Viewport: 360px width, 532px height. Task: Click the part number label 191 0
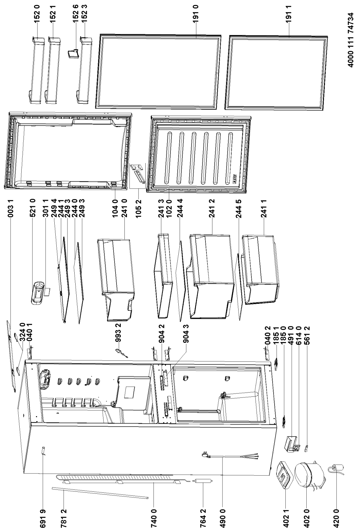point(196,14)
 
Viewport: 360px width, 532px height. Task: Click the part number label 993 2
point(118,333)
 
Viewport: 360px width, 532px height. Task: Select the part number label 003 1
point(11,208)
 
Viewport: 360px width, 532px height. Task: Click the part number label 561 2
point(307,336)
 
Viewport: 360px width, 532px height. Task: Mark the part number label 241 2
point(212,208)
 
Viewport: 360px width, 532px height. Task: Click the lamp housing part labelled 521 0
point(37,292)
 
